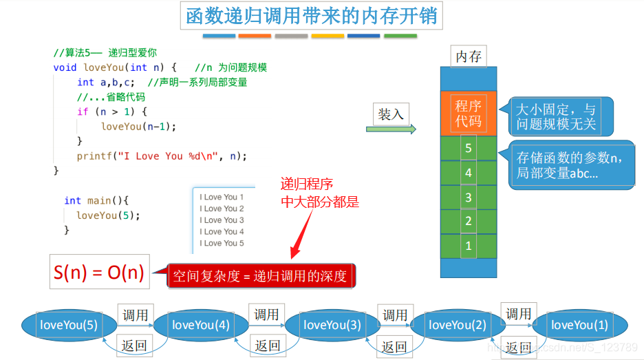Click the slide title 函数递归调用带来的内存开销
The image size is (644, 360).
(312, 15)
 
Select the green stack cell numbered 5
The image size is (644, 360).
(469, 148)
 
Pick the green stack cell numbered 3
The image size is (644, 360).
(469, 198)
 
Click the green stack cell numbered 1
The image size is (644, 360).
(469, 246)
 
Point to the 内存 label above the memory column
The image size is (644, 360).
(469, 56)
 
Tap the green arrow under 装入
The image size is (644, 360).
(391, 129)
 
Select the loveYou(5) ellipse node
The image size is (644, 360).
(68, 325)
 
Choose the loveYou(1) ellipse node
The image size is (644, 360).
(579, 325)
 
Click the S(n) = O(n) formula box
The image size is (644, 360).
(98, 273)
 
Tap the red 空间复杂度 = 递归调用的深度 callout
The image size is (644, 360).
(261, 276)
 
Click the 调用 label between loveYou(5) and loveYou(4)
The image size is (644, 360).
(135, 315)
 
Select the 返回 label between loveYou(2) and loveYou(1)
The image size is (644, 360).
(519, 347)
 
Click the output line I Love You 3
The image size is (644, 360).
(222, 220)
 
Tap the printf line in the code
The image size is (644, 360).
(162, 156)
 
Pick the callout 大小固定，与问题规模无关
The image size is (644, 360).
(556, 117)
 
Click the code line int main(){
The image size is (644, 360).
(96, 200)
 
